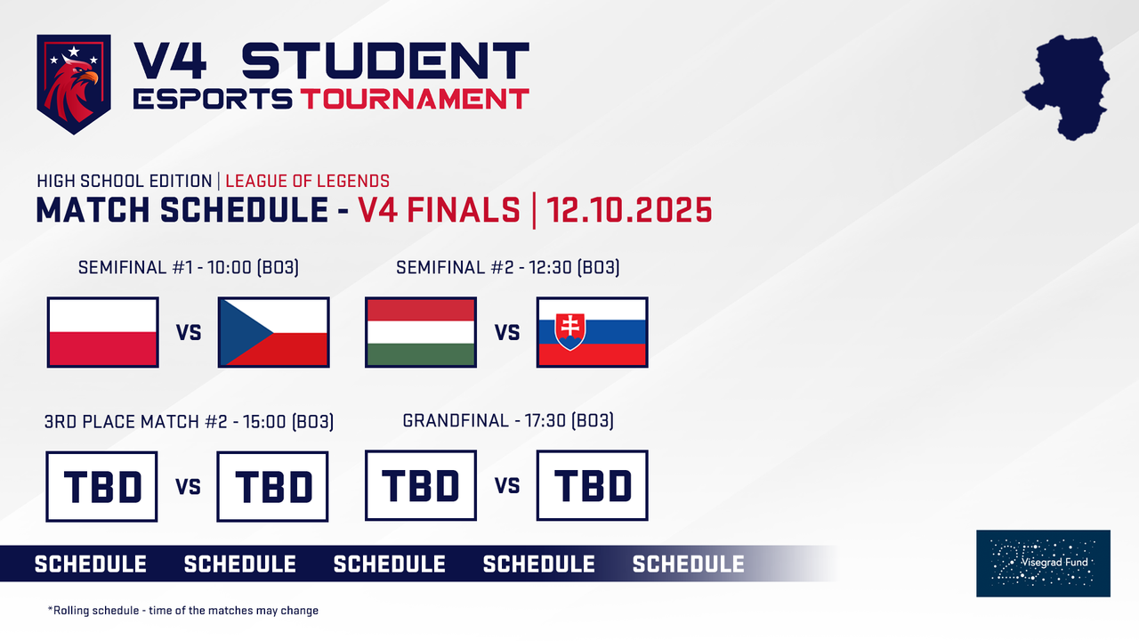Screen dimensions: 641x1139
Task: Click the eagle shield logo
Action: point(74,84)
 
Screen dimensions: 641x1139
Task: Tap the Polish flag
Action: point(103,332)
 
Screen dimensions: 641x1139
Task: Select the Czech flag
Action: point(273,332)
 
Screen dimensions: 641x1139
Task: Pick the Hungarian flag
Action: point(421,332)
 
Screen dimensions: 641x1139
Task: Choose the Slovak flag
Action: point(593,332)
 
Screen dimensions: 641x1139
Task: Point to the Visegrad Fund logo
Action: point(1043,563)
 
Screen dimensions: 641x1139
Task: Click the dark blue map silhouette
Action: point(1069,86)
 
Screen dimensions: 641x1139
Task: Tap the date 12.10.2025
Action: point(630,210)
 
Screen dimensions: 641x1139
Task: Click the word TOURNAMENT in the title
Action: point(414,99)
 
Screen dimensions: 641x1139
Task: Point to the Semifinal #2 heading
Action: point(508,267)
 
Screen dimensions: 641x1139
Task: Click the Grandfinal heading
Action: point(508,420)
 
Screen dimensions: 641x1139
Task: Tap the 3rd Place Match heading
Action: point(189,420)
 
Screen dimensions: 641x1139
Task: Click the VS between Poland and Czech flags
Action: point(189,333)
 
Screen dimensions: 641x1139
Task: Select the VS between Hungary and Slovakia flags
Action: point(507,333)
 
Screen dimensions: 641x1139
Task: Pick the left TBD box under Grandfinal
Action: point(421,485)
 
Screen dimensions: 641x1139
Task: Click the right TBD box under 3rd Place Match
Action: point(273,486)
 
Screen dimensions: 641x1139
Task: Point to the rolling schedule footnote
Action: point(183,611)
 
